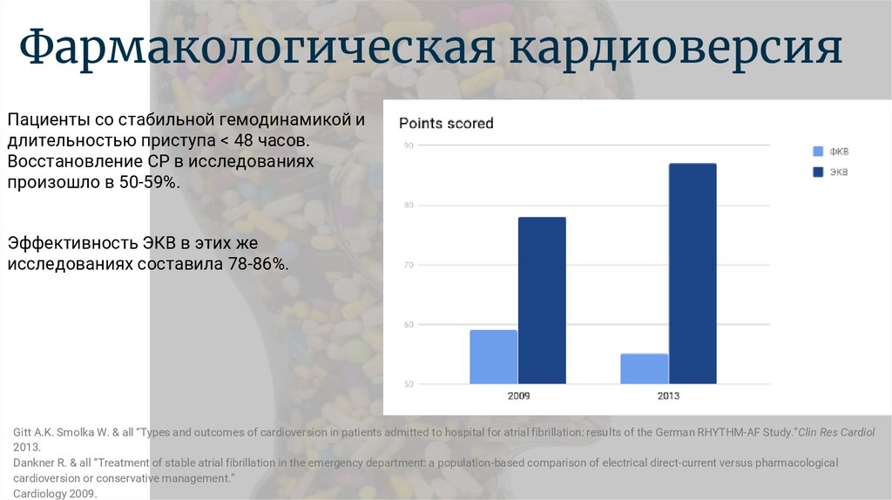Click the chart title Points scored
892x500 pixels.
[446, 124]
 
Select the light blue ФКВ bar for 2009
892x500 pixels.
[494, 356]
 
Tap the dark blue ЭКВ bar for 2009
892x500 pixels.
[542, 301]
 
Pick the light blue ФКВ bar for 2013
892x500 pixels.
[645, 368]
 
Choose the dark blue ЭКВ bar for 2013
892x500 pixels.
[693, 274]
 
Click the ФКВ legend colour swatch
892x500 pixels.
[818, 152]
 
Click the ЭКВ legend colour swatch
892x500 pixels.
[818, 172]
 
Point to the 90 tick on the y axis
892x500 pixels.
[409, 145]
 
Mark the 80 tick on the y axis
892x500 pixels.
[409, 206]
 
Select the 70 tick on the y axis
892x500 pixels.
[409, 265]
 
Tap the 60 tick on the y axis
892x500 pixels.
[409, 325]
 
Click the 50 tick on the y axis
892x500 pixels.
[409, 384]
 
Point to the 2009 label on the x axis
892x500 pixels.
[518, 395]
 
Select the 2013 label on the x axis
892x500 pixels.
[668, 395]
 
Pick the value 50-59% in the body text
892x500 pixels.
[149, 183]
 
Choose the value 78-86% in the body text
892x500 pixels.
[258, 264]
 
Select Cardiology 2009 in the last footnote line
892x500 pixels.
[55, 494]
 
